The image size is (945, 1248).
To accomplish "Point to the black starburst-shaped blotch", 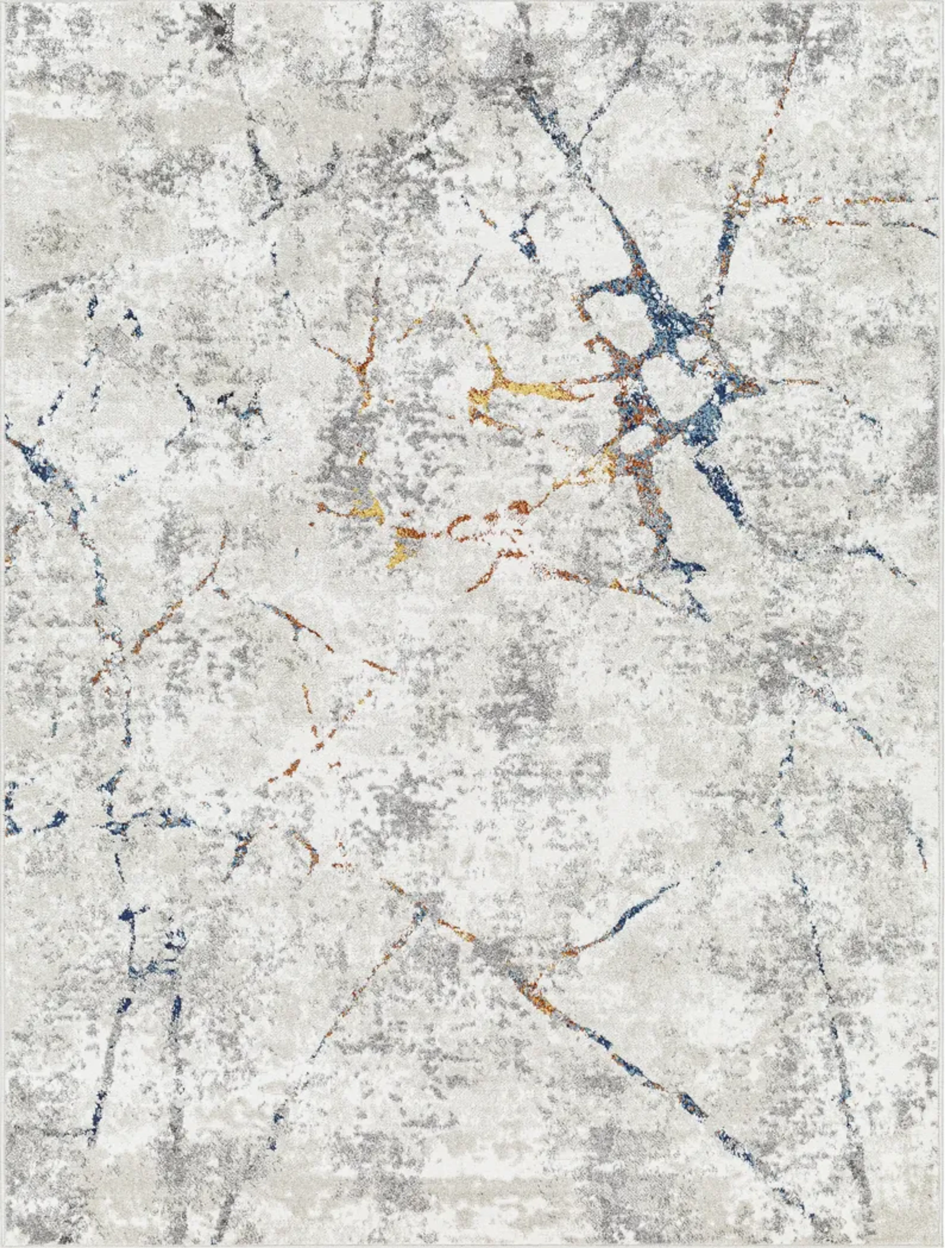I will (x=217, y=34).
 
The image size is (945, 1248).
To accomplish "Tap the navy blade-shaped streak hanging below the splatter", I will (x=722, y=485).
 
